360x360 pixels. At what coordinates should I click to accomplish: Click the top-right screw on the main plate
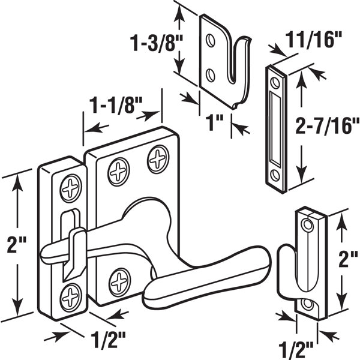pyautogui.click(x=158, y=159)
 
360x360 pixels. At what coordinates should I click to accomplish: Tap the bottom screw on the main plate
pyautogui.click(x=121, y=279)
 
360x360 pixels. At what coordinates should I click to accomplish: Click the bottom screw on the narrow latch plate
pyautogui.click(x=71, y=293)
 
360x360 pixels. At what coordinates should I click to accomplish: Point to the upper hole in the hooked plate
pyautogui.click(x=209, y=41)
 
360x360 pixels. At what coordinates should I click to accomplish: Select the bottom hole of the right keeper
pyautogui.click(x=308, y=304)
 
